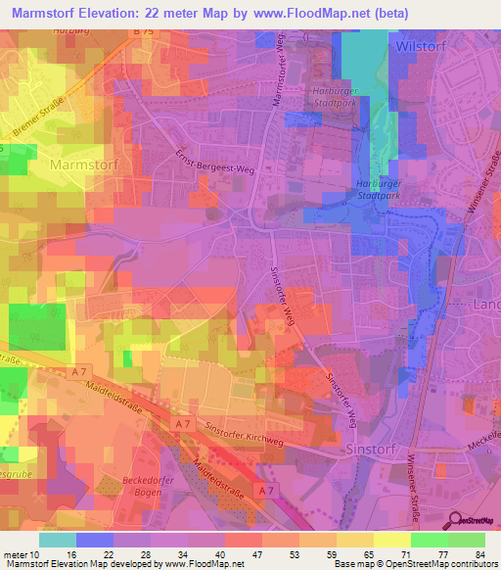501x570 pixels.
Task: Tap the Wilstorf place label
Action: click(424, 46)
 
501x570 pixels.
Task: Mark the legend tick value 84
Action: click(480, 553)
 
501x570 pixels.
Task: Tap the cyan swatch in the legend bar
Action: click(58, 540)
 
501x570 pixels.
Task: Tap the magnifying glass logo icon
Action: click(454, 521)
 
